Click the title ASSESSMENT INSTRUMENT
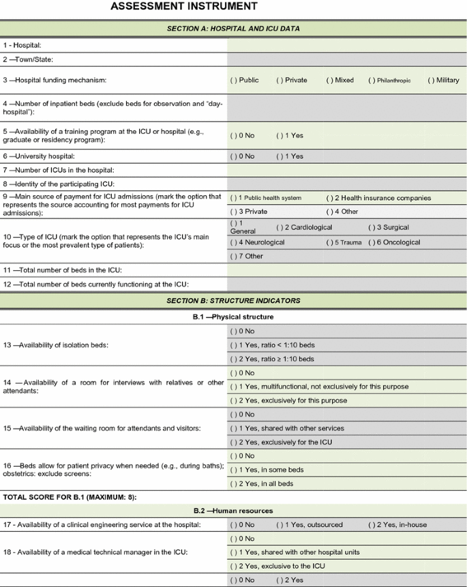pyautogui.click(x=184, y=7)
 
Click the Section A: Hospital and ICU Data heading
pyautogui.click(x=233, y=29)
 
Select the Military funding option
pyautogui.click(x=443, y=80)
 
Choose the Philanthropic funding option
pyautogui.click(x=389, y=80)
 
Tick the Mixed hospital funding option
pyautogui.click(x=340, y=80)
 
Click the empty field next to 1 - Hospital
pyautogui.click(x=346, y=45)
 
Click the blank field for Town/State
pyautogui.click(x=346, y=59)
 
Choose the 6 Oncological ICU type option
pyautogui.click(x=394, y=242)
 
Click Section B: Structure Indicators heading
pyautogui.click(x=233, y=300)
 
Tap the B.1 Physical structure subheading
pyautogui.click(x=233, y=317)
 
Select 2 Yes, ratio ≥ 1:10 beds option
pyautogui.click(x=272, y=359)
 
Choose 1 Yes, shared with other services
pyautogui.click(x=287, y=429)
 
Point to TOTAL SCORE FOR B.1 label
pyautogui.click(x=70, y=497)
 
